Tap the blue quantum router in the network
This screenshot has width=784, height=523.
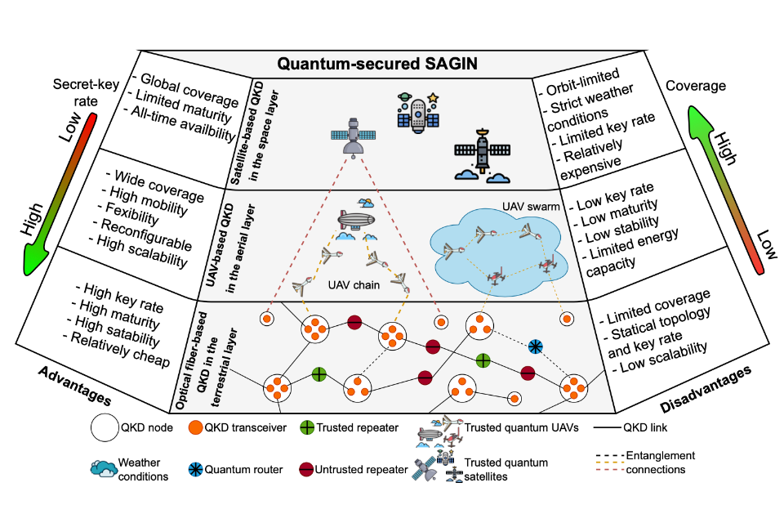click(x=536, y=346)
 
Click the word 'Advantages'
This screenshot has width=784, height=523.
click(x=73, y=384)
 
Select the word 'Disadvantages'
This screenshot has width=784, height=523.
click(x=704, y=384)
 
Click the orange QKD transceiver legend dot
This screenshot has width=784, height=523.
click(x=196, y=427)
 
